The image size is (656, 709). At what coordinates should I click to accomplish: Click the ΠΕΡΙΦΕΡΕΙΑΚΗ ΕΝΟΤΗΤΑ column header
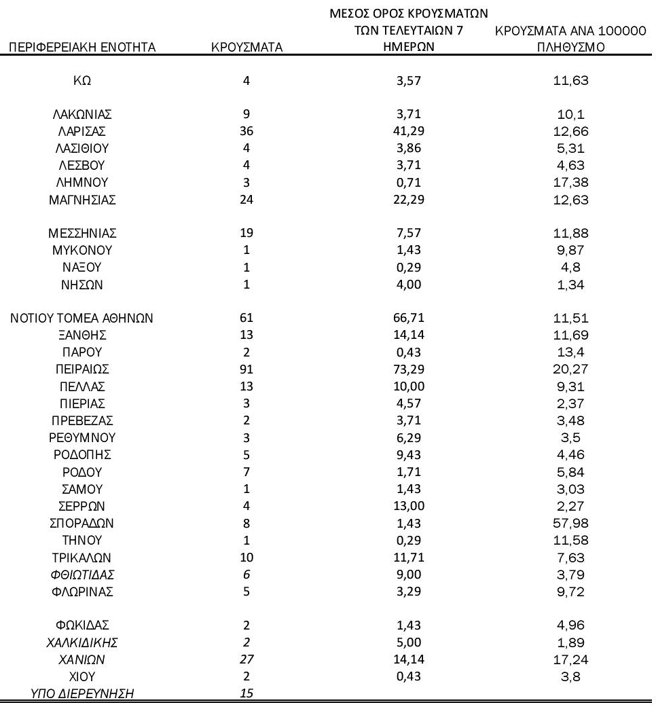click(80, 47)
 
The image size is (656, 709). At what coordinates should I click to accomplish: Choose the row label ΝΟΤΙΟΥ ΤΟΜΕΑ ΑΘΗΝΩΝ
click(81, 317)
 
